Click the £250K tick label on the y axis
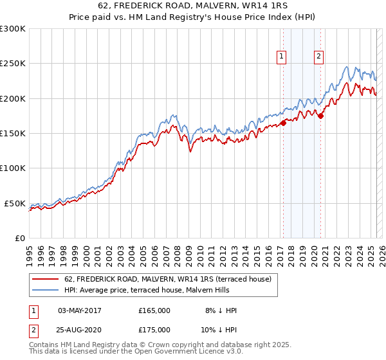click(12, 64)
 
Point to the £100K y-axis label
click(12, 168)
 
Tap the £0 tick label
click(19, 238)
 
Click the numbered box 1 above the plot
click(282, 57)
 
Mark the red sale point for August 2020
click(321, 116)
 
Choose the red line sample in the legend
click(46, 279)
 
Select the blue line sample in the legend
click(46, 291)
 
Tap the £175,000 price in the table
click(154, 330)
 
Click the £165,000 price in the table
click(154, 310)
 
